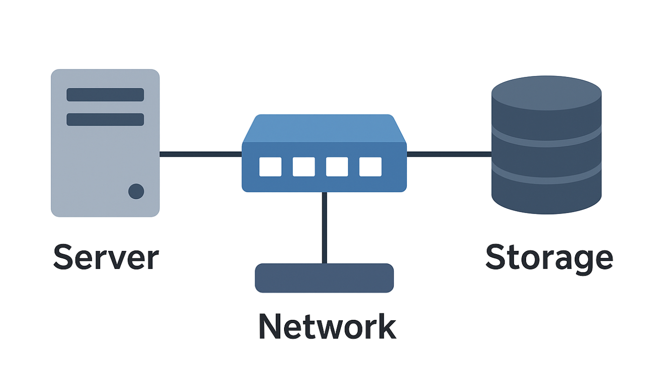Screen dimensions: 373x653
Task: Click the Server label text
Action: click(106, 257)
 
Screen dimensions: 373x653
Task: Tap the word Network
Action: click(327, 326)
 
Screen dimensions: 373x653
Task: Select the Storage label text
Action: click(549, 257)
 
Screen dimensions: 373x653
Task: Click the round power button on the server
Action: click(136, 191)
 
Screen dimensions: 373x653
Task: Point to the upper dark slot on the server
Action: click(105, 95)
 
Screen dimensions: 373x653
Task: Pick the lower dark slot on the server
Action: click(105, 119)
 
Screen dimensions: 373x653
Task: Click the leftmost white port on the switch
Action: click(271, 167)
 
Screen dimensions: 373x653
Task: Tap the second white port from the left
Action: click(304, 167)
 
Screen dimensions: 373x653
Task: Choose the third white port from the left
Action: click(337, 167)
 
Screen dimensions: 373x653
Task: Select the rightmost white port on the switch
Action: click(370, 167)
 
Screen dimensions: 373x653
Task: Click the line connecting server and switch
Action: click(201, 154)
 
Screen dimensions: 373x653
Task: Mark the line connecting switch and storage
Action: click(449, 154)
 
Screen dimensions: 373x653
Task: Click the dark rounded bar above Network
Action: click(324, 278)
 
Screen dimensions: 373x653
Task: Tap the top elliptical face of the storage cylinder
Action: click(546, 93)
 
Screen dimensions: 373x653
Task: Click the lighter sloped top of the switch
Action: click(324, 128)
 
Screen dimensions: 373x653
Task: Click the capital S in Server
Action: click(64, 257)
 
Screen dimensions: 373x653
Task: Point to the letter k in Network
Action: click(385, 326)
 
